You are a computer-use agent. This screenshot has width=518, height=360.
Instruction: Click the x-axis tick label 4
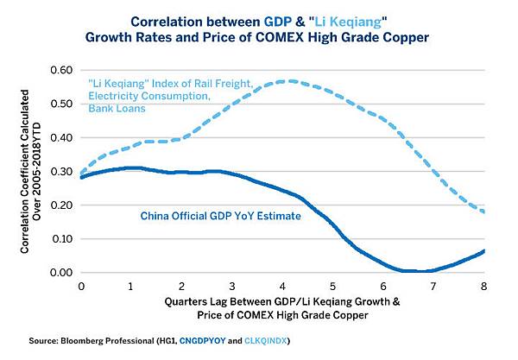[x=282, y=284]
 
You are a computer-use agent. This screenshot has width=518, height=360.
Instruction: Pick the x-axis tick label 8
[x=483, y=284]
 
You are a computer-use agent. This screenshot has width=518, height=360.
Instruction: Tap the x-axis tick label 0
[x=81, y=284]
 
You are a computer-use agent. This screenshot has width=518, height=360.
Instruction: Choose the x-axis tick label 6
[x=383, y=284]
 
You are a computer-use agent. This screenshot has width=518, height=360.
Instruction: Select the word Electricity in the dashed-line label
[x=117, y=96]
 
